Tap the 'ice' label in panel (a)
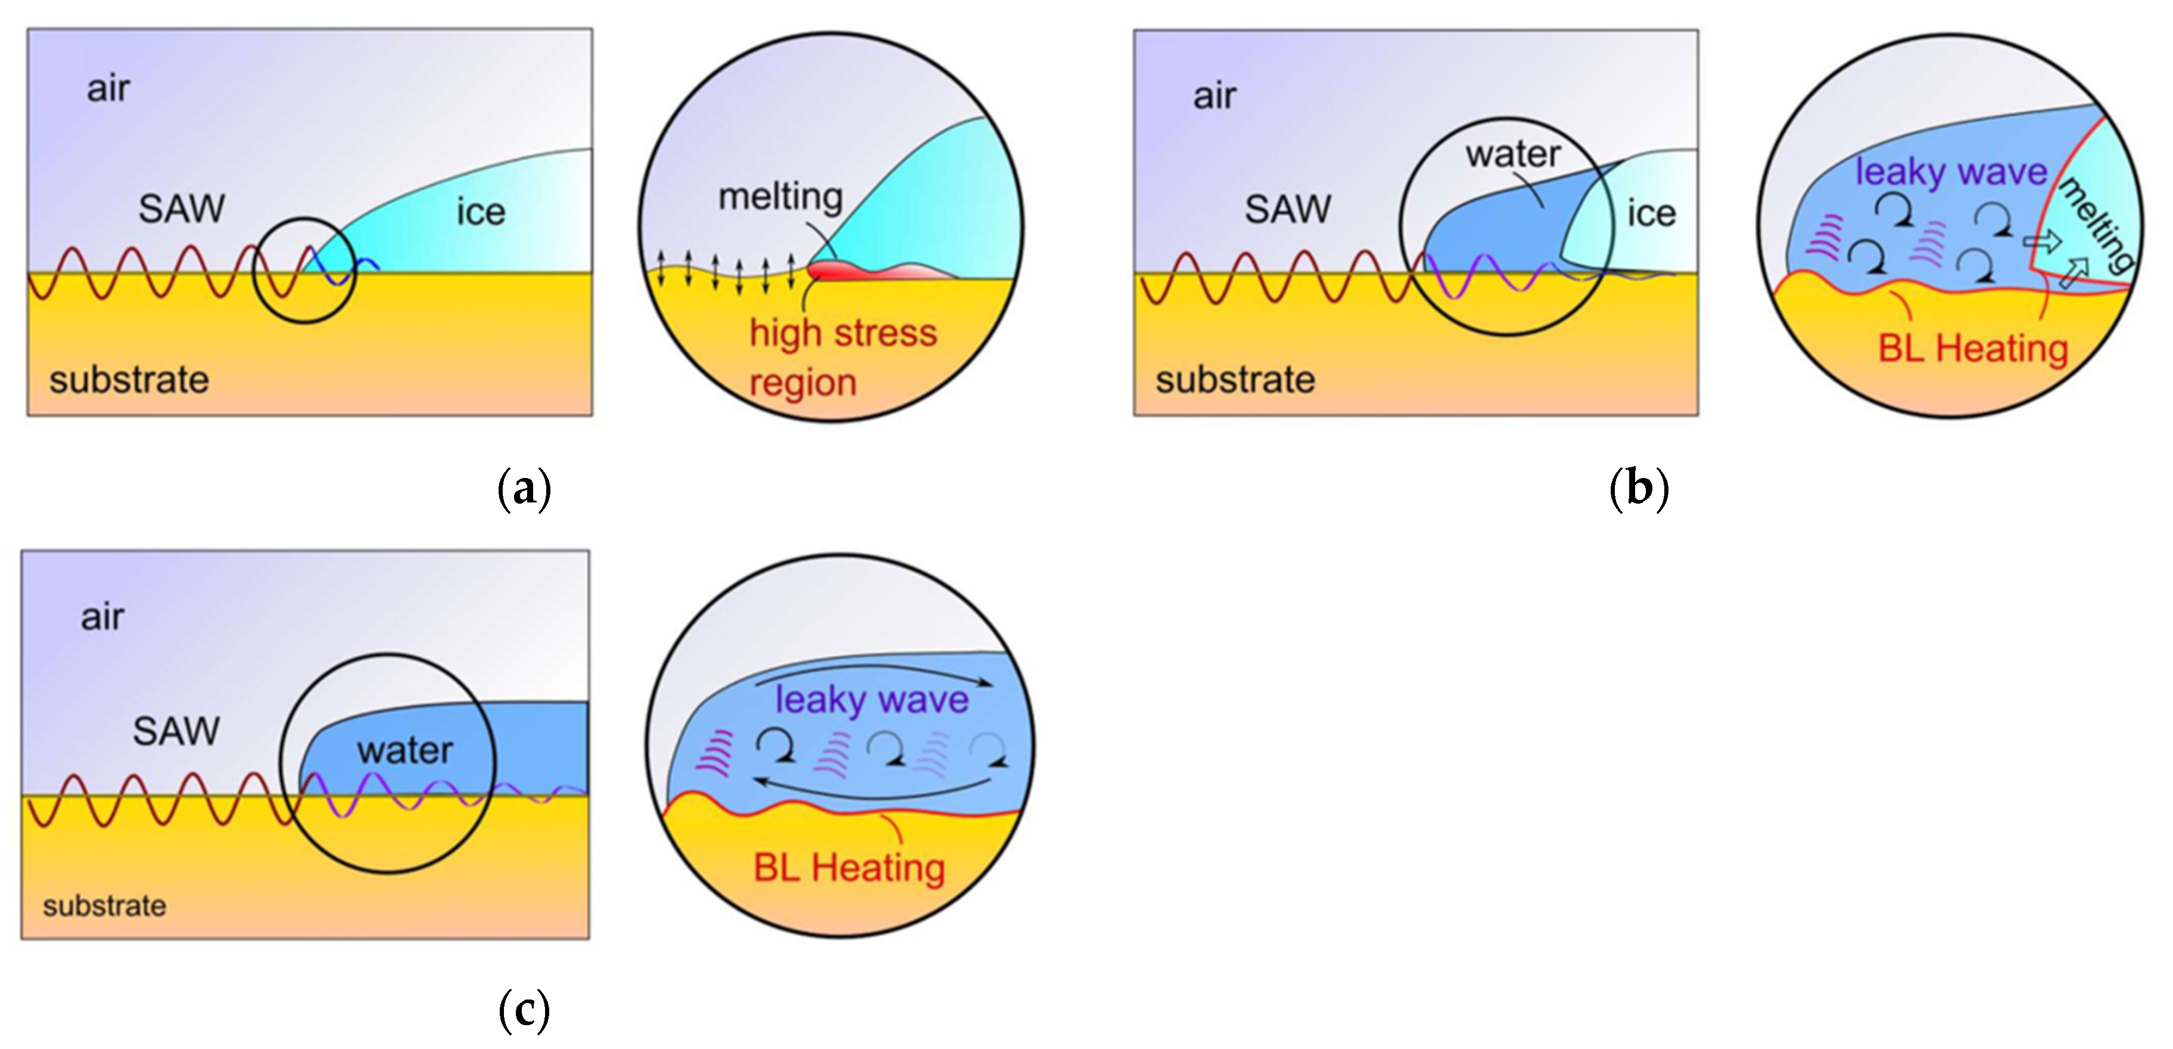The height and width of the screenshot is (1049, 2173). tap(481, 212)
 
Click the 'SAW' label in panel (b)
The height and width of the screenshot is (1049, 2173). tap(1287, 209)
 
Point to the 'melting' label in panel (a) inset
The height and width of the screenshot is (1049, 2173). tap(780, 197)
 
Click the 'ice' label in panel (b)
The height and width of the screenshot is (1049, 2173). tap(1651, 213)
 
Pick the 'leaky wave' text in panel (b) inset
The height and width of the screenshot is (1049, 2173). tap(1951, 172)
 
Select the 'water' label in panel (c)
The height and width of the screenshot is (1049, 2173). tap(405, 750)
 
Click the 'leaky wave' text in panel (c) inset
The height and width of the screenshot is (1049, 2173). tap(871, 700)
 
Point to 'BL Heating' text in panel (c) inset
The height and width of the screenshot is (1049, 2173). tap(849, 868)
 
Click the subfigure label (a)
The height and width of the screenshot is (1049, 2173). tap(524, 489)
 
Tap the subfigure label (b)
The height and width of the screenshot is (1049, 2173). tap(1638, 489)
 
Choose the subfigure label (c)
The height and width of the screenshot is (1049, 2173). tap(524, 1010)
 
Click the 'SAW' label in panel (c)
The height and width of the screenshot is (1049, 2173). tap(176, 731)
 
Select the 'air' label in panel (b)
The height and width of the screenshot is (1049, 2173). tap(1214, 96)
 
